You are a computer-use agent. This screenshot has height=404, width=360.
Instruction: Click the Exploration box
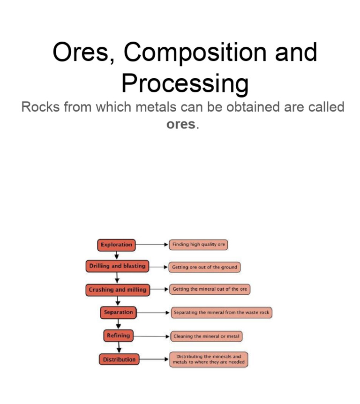[x=116, y=245]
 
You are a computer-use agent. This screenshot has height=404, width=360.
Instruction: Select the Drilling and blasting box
[x=117, y=266]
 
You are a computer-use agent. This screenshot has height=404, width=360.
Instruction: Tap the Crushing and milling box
[x=118, y=290]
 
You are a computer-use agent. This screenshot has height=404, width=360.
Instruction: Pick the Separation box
[x=118, y=312]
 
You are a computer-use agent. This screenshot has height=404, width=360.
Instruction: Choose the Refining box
[x=118, y=336]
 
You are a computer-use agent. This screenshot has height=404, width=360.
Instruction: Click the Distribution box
[x=119, y=359]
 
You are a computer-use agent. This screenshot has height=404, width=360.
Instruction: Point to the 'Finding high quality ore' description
[x=199, y=245]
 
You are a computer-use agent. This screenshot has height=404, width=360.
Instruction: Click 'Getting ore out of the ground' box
[x=204, y=267]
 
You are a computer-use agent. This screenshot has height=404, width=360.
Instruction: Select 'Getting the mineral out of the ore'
[x=210, y=290]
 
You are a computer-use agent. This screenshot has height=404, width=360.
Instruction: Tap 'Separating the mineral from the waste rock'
[x=221, y=313]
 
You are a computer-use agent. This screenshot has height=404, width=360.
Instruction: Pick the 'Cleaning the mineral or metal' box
[x=206, y=337]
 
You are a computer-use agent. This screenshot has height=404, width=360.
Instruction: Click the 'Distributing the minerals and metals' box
[x=209, y=359]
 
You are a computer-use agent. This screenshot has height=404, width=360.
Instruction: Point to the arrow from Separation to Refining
[x=119, y=324]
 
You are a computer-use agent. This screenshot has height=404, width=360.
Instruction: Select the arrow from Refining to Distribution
[x=120, y=347]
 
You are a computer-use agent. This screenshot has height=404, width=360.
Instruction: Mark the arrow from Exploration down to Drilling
[x=117, y=255]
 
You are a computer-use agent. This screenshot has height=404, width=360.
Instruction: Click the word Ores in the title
[x=80, y=52]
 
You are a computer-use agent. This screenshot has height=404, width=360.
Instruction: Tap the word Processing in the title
[x=185, y=84]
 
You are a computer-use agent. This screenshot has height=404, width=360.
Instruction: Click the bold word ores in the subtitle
[x=181, y=125]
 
